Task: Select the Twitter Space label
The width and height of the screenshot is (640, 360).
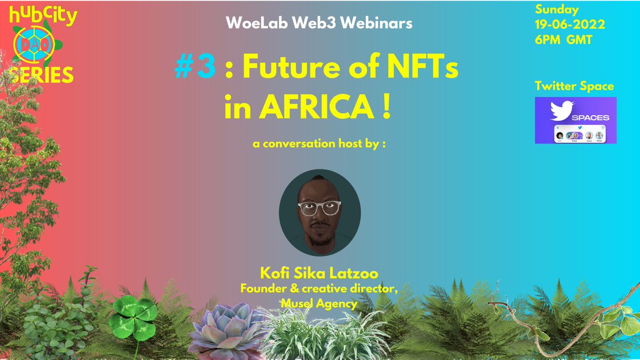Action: point(574,86)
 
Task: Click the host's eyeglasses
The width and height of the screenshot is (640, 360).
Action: point(319,207)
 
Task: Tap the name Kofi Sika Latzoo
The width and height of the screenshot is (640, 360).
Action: point(319,274)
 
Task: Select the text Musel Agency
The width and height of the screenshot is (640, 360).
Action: point(318,303)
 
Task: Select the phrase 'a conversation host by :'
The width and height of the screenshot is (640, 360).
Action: point(319,145)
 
